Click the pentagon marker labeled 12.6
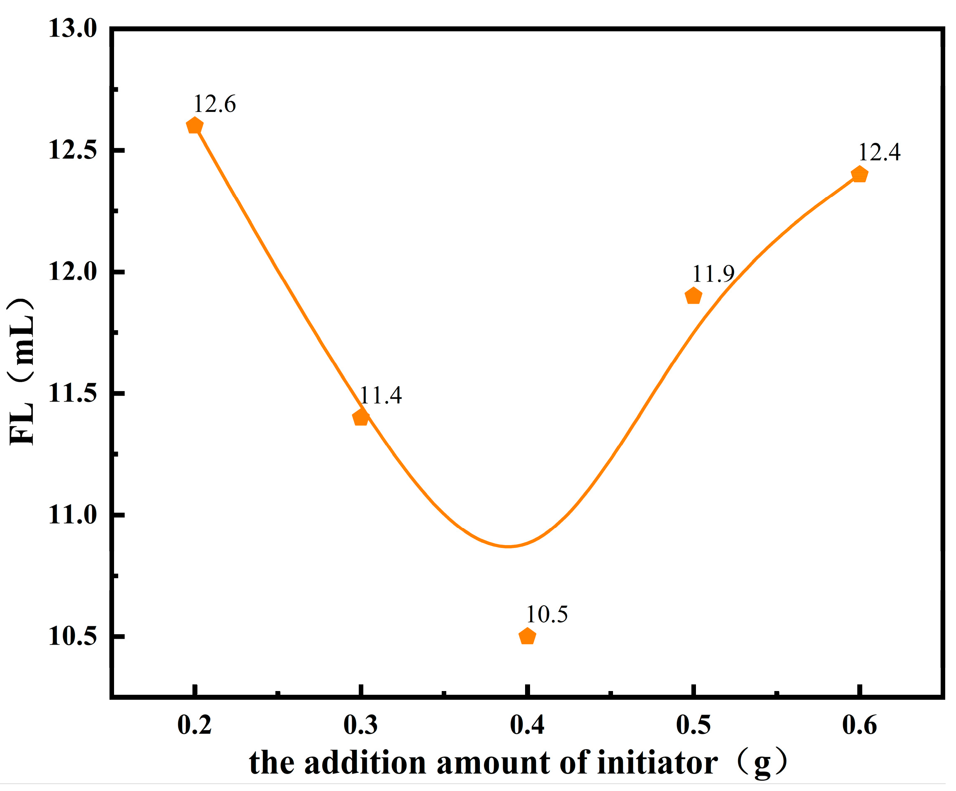point(195,125)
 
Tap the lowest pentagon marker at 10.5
point(527,636)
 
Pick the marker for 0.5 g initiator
point(693,296)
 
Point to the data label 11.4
point(381,395)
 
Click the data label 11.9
point(713,274)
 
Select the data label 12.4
point(879,152)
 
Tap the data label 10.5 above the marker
point(547,615)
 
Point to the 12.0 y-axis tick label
point(73,272)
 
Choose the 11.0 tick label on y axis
point(73,515)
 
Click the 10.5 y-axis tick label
point(73,636)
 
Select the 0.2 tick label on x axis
point(195,725)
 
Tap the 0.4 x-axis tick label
point(527,725)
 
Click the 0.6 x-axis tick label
point(859,725)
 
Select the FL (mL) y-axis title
point(22,371)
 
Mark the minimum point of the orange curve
point(508,546)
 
